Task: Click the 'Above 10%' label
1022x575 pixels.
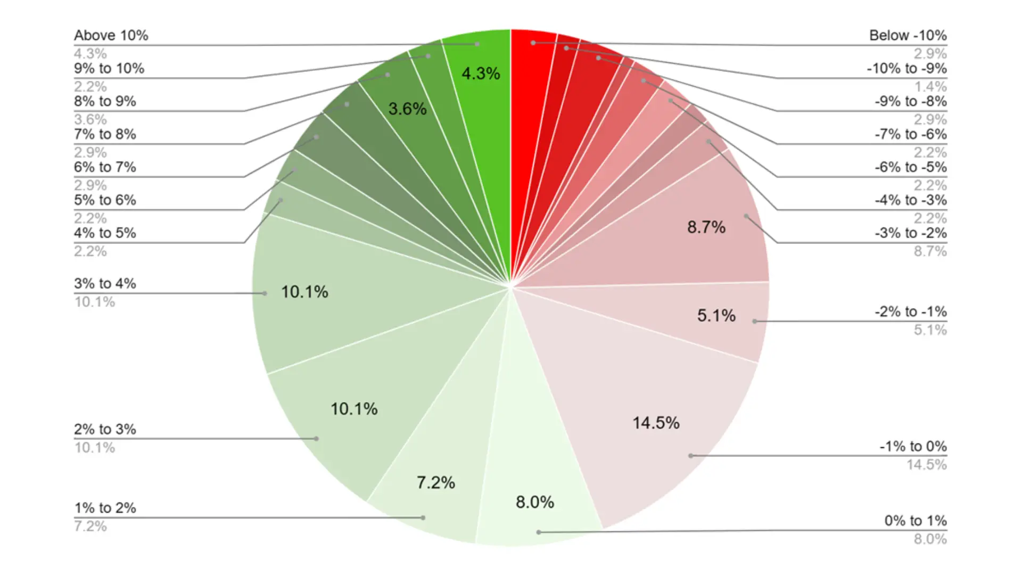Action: (x=111, y=36)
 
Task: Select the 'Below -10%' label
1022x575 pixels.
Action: (x=908, y=36)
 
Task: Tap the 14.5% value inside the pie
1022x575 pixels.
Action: (x=656, y=423)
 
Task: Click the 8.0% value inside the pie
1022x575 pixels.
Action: (x=535, y=502)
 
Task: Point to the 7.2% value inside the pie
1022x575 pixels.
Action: (x=435, y=483)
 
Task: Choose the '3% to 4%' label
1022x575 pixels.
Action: (x=105, y=284)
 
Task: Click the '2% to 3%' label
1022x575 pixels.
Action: (x=105, y=430)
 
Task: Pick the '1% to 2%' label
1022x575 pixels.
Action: (x=105, y=508)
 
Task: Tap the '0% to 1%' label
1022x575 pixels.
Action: (x=916, y=521)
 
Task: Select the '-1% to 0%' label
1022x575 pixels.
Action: (x=913, y=447)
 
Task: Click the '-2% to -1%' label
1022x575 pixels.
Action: (x=910, y=312)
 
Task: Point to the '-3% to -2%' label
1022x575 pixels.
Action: (x=910, y=233)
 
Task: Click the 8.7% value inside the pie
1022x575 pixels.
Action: (x=706, y=227)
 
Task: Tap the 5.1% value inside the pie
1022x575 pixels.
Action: (x=716, y=316)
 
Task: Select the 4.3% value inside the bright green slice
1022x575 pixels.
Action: (x=481, y=73)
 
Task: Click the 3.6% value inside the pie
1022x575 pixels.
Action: (x=407, y=109)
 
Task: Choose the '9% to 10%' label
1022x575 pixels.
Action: (x=109, y=69)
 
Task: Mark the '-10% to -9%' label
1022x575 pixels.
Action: (x=906, y=69)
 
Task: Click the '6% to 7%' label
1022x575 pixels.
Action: (x=105, y=168)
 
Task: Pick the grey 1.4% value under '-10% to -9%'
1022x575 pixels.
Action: (x=930, y=87)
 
